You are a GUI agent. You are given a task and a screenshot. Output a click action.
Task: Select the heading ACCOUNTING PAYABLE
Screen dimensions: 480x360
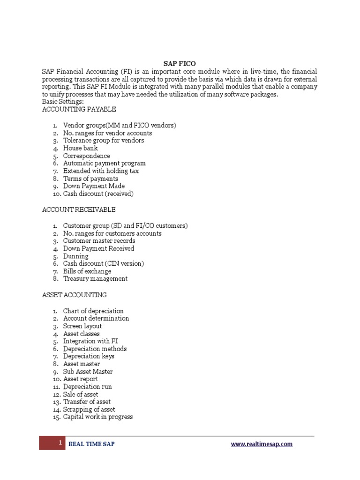tap(79, 109)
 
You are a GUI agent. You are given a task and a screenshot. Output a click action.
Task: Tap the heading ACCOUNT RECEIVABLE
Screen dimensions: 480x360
tap(79, 210)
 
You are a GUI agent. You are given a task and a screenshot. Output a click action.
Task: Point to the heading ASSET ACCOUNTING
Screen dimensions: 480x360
tap(75, 295)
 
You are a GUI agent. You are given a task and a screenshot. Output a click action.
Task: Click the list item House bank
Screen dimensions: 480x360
tap(81, 148)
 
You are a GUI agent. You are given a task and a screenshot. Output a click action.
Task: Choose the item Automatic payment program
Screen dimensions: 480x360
tap(104, 163)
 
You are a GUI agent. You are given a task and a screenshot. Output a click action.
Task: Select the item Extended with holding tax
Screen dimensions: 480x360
tap(101, 171)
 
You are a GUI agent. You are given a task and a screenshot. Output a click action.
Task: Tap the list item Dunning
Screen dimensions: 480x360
tap(75, 256)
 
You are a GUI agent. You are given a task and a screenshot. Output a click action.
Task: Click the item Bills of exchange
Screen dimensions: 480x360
tap(87, 271)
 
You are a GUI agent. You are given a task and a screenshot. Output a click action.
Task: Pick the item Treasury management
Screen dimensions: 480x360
tap(95, 278)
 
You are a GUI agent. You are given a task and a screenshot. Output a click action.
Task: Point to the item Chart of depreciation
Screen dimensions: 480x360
tap(93, 311)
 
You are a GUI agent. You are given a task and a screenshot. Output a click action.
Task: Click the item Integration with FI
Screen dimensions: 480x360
tap(90, 341)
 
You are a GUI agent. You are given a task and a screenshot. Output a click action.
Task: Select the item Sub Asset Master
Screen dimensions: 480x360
tap(88, 372)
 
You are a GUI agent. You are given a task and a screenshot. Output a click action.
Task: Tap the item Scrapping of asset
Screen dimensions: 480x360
tap(89, 409)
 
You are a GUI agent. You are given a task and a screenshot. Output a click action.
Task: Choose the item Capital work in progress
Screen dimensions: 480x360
tap(97, 417)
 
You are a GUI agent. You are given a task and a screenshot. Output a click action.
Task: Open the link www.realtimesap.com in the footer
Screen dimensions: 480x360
tap(262, 444)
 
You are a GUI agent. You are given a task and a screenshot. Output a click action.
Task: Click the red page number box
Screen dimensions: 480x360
tap(52, 443)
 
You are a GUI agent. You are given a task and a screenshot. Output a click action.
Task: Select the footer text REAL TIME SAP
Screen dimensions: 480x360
tap(91, 444)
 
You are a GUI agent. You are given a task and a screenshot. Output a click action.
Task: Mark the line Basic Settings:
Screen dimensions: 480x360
tap(63, 102)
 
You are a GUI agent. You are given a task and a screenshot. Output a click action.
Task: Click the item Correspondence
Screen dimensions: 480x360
tap(86, 156)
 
